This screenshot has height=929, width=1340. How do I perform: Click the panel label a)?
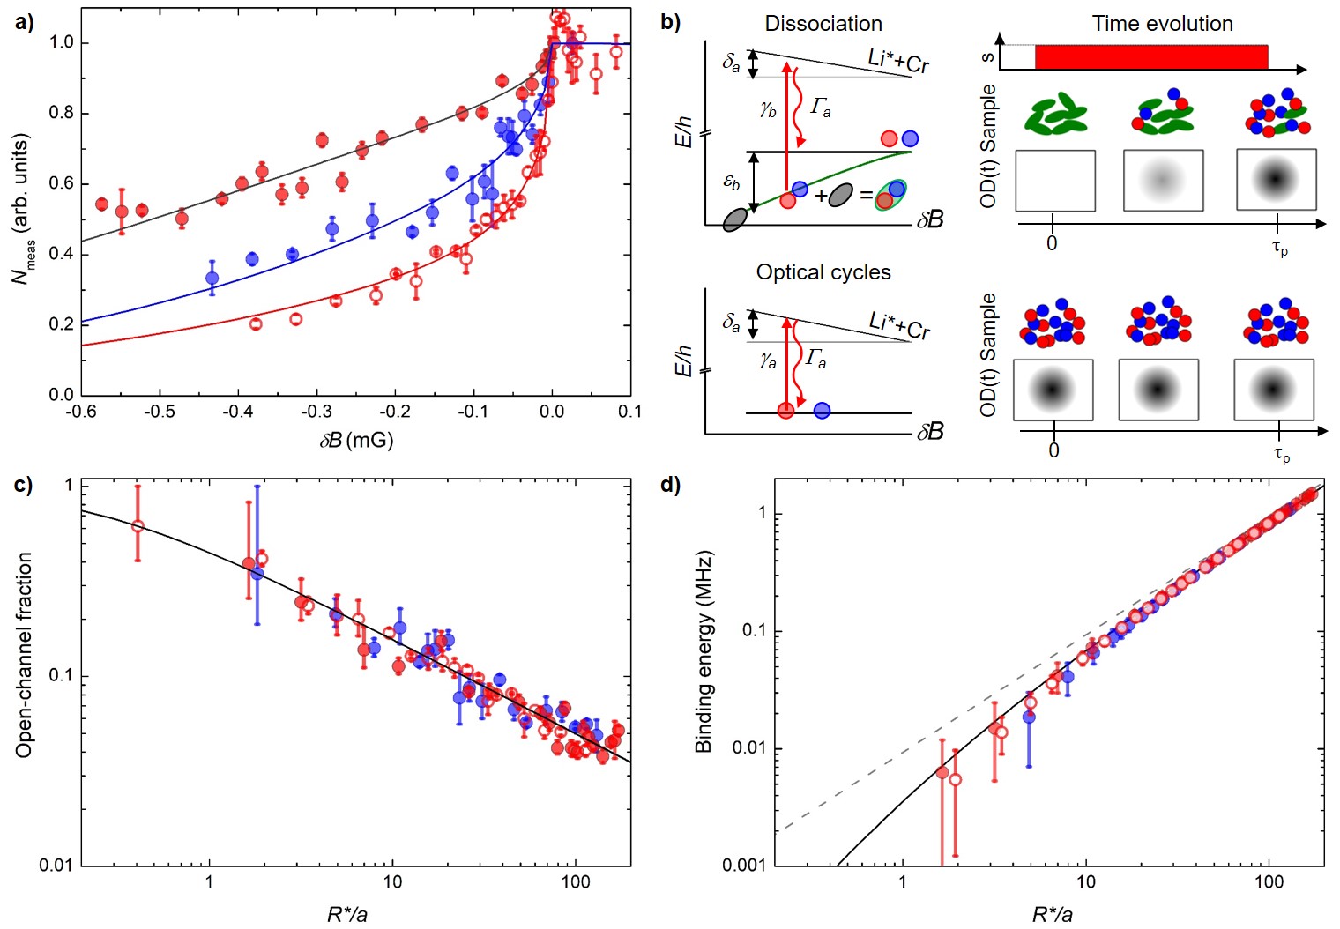click(25, 22)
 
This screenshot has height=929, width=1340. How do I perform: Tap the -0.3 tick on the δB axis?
click(316, 412)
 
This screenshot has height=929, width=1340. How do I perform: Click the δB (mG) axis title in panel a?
click(356, 439)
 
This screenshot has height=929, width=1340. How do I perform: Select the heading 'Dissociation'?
click(823, 24)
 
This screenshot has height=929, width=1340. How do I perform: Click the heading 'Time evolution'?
click(1162, 24)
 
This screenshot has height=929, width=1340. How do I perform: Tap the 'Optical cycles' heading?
click(823, 272)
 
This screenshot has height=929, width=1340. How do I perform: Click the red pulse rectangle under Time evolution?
click(1151, 57)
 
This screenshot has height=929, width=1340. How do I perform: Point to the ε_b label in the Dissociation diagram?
click(732, 182)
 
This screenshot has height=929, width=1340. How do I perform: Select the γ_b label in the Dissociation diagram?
click(768, 109)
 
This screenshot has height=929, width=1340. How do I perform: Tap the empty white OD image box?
click(1055, 181)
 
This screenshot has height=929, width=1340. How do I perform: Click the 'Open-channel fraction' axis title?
click(24, 655)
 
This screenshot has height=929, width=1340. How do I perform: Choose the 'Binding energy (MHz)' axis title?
click(703, 652)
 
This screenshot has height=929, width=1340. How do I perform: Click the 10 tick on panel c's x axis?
click(392, 882)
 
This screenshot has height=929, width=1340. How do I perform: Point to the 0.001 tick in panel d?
click(745, 866)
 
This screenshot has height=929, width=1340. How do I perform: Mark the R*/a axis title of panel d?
click(1052, 914)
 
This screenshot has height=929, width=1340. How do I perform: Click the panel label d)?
click(670, 485)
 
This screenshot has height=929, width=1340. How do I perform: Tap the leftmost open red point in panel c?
click(138, 526)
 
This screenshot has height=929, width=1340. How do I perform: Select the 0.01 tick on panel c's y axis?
click(56, 866)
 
